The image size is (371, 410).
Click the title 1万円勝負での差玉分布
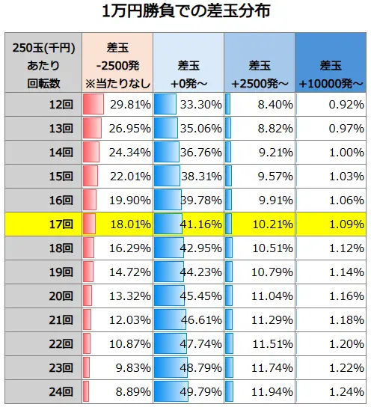point(185,13)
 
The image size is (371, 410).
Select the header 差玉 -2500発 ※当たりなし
point(117,64)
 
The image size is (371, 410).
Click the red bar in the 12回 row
point(93,105)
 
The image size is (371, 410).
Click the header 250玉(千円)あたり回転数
point(42,64)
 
